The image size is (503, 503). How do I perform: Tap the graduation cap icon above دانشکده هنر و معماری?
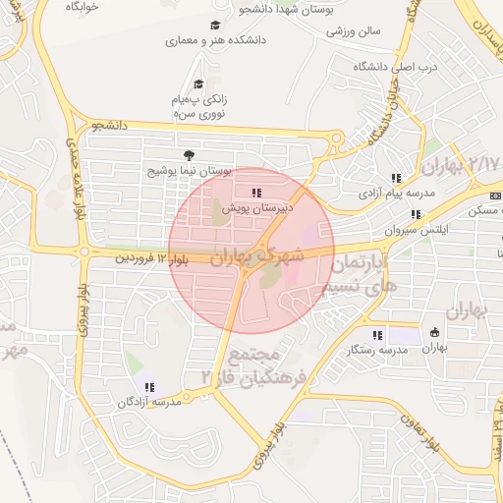pyautogui.click(x=215, y=26)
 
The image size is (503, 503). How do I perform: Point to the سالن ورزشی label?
pyautogui.click(x=353, y=30)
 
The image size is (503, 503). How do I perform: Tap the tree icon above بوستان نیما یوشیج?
pyautogui.click(x=189, y=154)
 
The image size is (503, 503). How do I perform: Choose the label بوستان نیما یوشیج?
pyautogui.click(x=189, y=170)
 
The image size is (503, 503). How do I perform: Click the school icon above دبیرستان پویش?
pyautogui.click(x=256, y=193)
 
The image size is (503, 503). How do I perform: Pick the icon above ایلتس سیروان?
pyautogui.click(x=416, y=213)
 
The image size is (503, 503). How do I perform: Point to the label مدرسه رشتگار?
pyautogui.click(x=378, y=350)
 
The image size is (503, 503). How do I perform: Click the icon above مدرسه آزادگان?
pyautogui.click(x=149, y=386)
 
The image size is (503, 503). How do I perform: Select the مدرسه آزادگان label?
pyautogui.click(x=147, y=402)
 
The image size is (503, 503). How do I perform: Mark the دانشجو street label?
pyautogui.click(x=109, y=126)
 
